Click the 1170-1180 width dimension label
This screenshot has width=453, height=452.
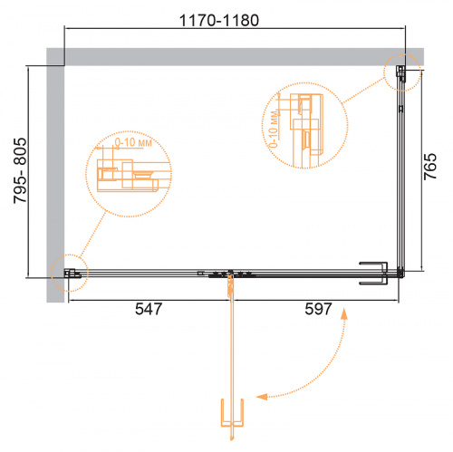[x=219, y=21]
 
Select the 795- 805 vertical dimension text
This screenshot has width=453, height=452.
[x=20, y=170]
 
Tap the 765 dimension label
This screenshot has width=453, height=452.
[x=430, y=167]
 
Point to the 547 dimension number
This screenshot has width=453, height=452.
[x=149, y=309]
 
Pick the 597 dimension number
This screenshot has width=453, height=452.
[x=318, y=309]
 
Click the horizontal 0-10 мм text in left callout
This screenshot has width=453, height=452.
[x=133, y=142]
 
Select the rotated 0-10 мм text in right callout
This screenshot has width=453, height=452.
[x=274, y=129]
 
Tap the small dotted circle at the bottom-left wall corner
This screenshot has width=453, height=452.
[x=70, y=273]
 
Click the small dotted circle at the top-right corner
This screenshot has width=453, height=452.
[x=402, y=72]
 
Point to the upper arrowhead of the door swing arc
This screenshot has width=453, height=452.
[x=343, y=313]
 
